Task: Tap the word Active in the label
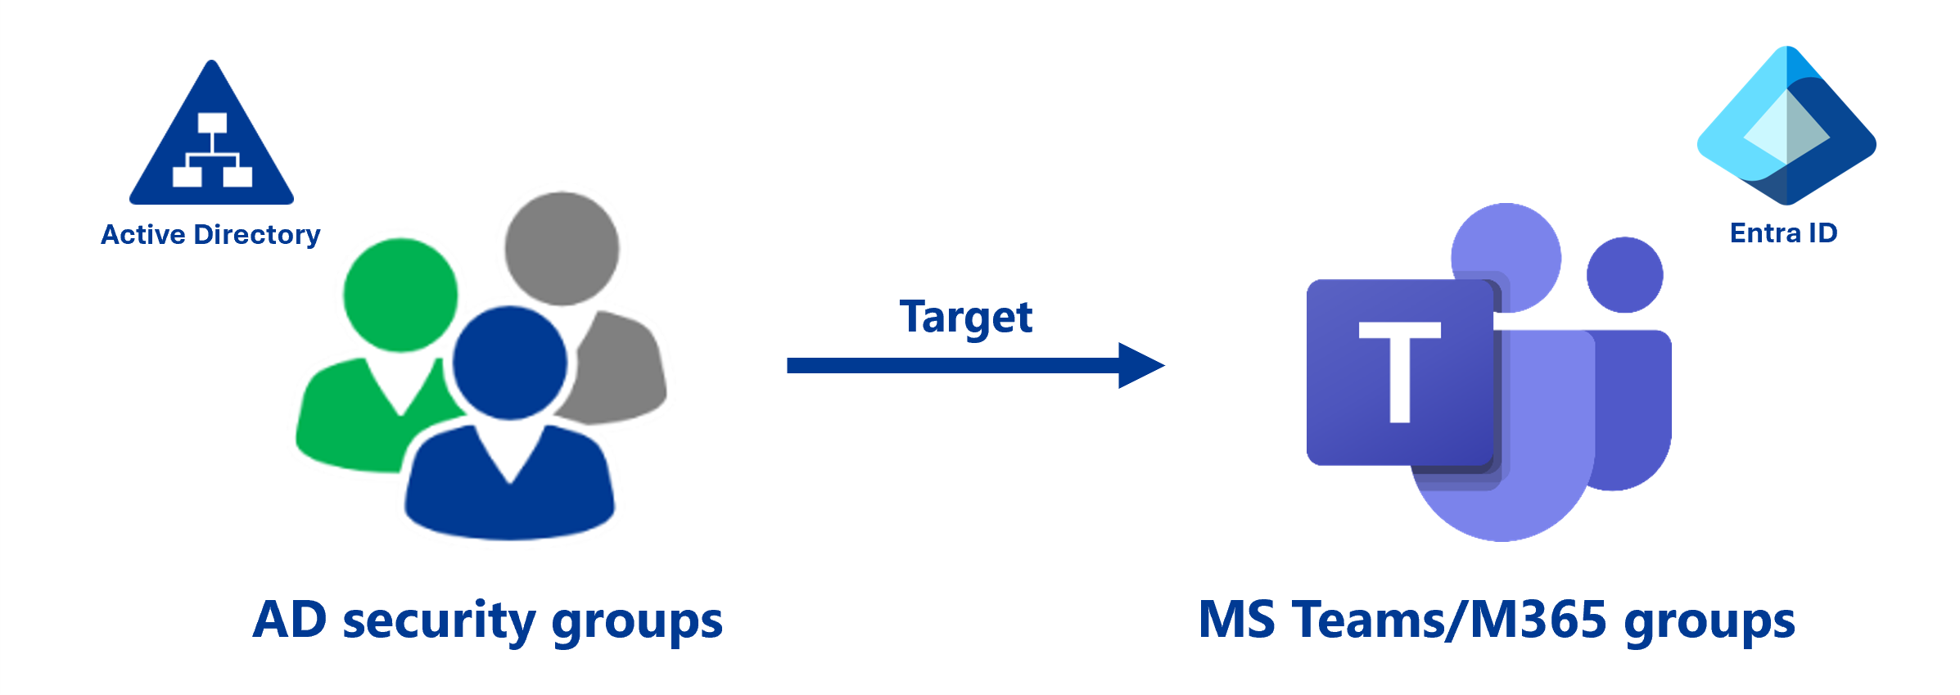[x=143, y=235]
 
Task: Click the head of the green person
[x=400, y=295]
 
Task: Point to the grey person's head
[x=562, y=248]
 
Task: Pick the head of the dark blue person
[x=509, y=363]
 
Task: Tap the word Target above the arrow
[x=966, y=318]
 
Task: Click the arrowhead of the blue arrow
[x=1140, y=365]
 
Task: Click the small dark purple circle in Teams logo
[x=1624, y=275]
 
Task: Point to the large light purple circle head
[x=1506, y=246]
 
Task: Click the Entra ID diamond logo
[x=1786, y=127]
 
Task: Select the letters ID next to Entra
[x=1823, y=233]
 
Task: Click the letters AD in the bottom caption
[x=290, y=620]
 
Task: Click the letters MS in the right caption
[x=1236, y=620]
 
